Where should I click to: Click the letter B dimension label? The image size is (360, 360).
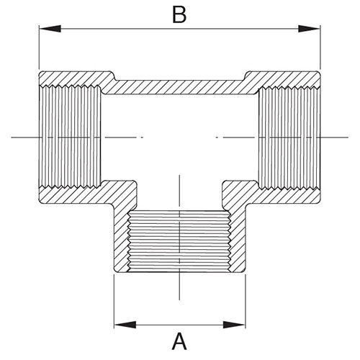point(179,14)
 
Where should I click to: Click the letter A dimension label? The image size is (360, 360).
point(179,341)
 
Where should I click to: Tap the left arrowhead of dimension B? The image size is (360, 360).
point(50,29)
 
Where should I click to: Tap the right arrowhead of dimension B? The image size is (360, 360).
point(309,29)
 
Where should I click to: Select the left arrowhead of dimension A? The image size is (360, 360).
point(125,325)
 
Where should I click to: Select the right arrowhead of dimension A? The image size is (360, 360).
point(234,325)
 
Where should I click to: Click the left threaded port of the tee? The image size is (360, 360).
point(70,137)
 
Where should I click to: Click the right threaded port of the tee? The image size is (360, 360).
point(289,137)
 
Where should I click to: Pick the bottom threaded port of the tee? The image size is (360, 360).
point(179,241)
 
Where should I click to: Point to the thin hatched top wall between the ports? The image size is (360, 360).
point(179,87)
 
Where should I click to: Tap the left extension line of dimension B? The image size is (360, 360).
point(39,47)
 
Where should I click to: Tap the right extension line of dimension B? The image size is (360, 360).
point(320,47)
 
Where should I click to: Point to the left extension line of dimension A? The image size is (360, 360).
point(114,301)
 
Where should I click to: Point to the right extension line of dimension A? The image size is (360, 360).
point(246,301)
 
